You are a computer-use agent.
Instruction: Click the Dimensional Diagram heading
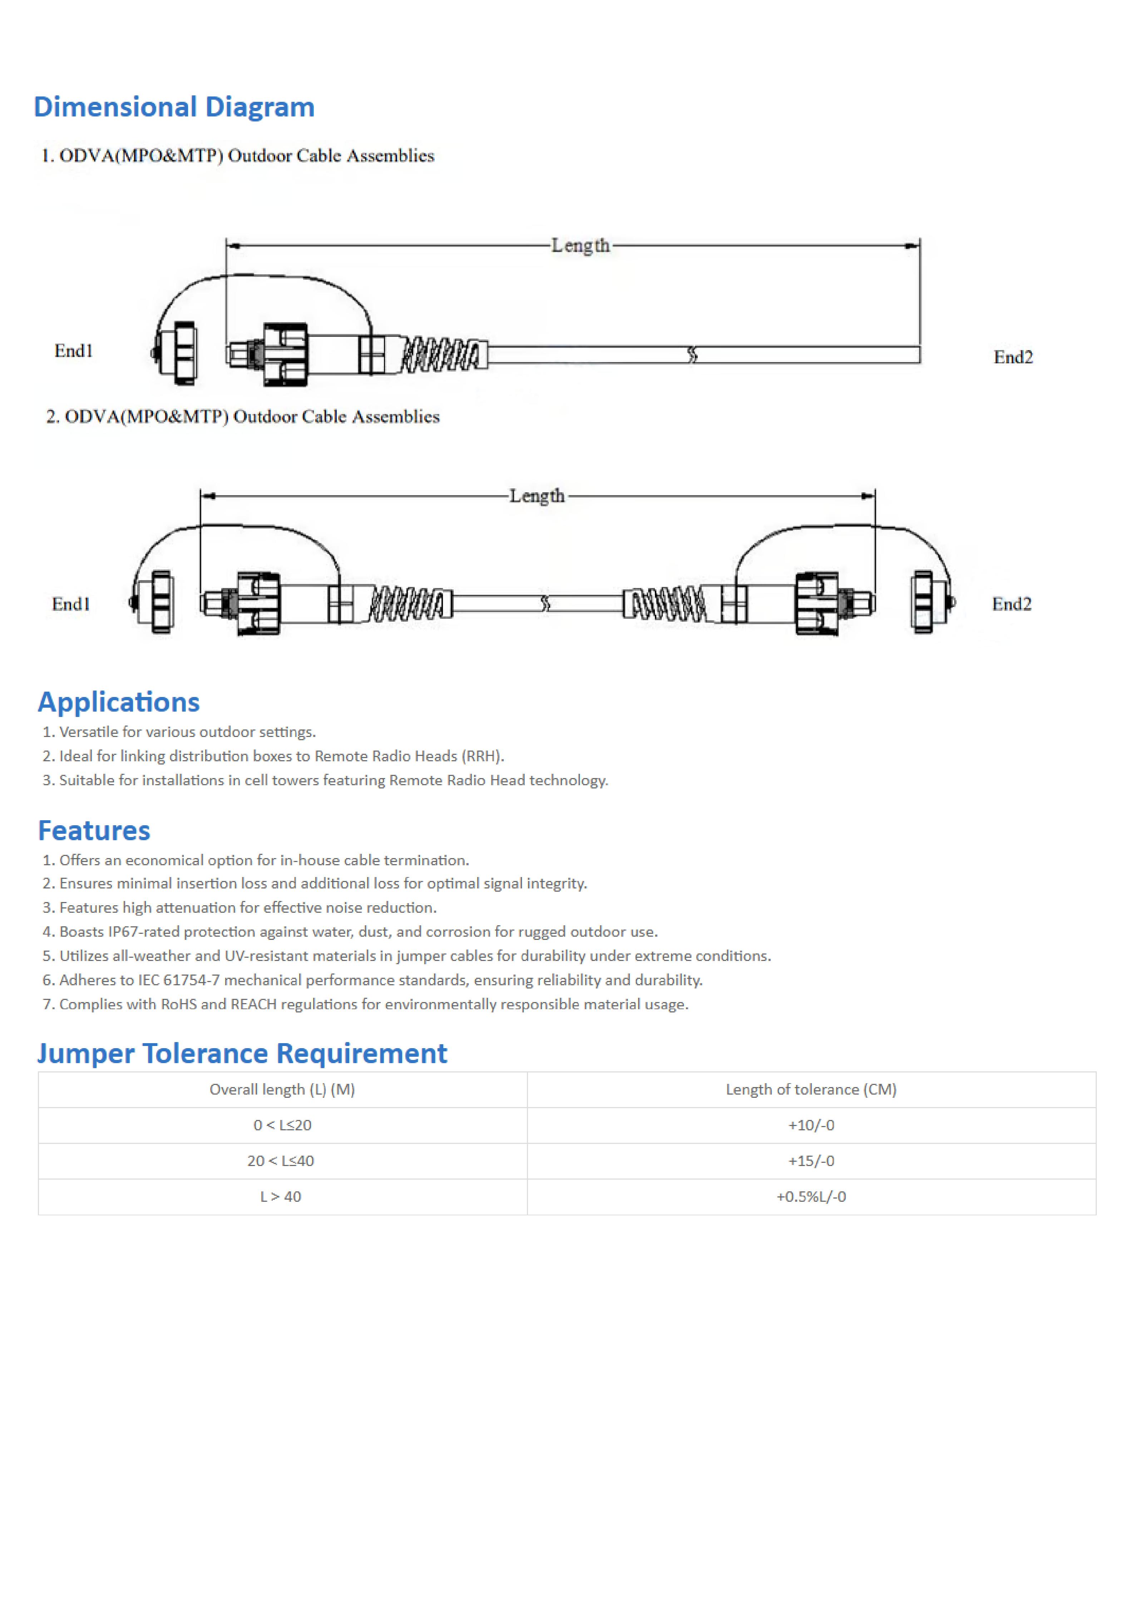174,107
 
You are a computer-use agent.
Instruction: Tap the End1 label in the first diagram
73,351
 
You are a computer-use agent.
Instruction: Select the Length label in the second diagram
537,495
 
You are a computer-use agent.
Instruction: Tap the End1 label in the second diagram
70,604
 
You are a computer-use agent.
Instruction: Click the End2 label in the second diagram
1011,604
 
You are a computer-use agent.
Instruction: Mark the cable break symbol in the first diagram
692,355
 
